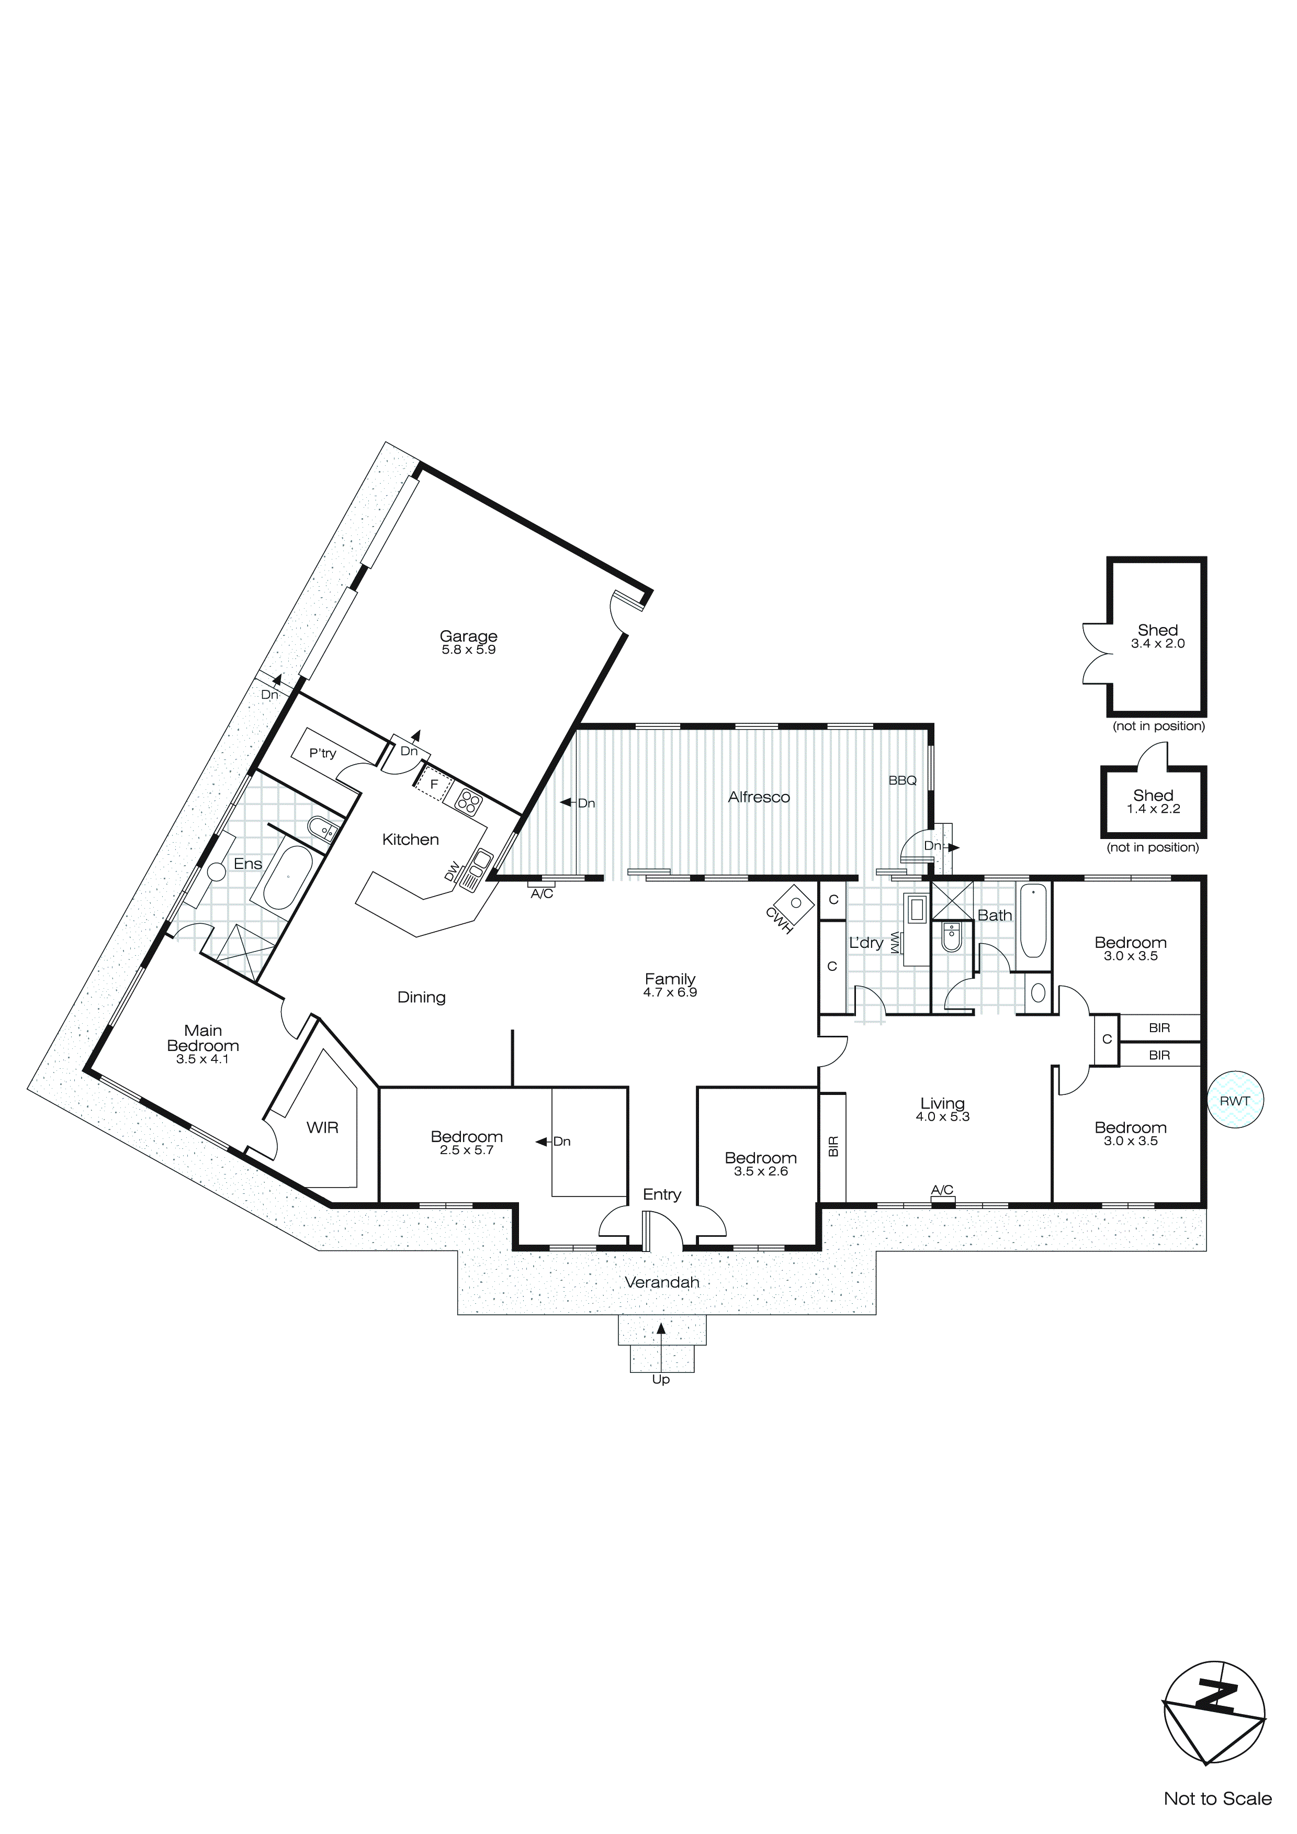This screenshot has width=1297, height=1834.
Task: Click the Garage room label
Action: (x=468, y=636)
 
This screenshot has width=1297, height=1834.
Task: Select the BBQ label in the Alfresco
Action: (x=903, y=780)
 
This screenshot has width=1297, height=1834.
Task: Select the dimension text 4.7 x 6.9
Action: (x=670, y=992)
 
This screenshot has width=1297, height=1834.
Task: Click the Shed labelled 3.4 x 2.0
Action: (x=1157, y=636)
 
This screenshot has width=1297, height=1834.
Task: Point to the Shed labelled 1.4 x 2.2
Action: (x=1153, y=801)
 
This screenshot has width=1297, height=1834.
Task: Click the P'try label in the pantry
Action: (x=323, y=753)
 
